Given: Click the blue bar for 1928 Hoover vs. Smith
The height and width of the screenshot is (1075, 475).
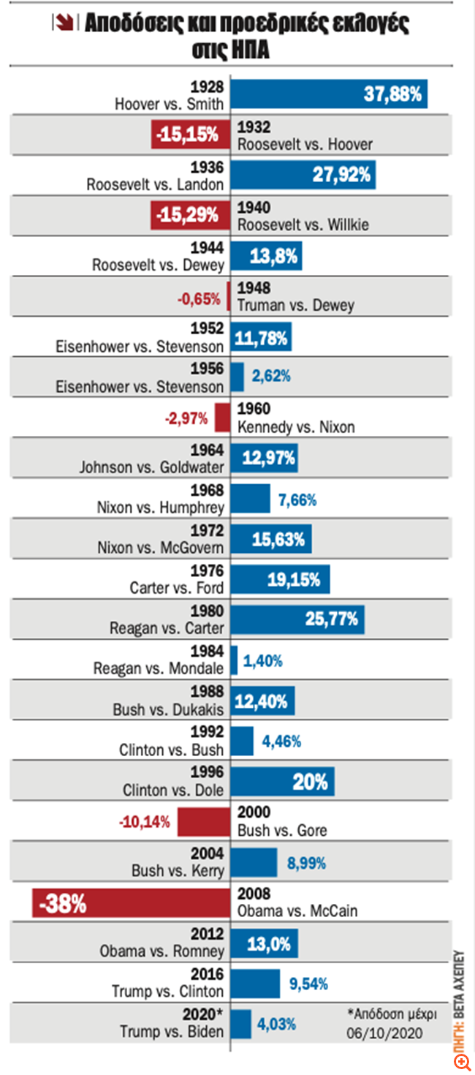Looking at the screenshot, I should [x=329, y=94].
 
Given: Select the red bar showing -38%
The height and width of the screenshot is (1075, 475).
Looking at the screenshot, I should [x=132, y=903].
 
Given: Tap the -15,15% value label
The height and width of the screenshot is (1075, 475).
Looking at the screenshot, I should [x=186, y=134].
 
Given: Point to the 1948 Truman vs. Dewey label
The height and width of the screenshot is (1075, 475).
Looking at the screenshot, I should [x=296, y=296].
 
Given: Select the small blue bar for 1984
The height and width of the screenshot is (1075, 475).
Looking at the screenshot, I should [x=234, y=660].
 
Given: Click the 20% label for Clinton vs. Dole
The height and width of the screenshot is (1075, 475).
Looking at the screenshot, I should [x=310, y=782].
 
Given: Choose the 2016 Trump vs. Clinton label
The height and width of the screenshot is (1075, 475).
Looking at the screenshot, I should [x=168, y=983].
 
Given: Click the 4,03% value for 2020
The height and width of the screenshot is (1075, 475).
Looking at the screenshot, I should [x=275, y=1024].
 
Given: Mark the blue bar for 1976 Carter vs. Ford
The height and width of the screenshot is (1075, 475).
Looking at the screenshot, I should [x=280, y=579].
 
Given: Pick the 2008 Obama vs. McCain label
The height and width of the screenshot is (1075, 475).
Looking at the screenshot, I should [x=297, y=903].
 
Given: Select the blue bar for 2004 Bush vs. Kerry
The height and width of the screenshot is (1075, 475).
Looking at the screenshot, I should [x=254, y=862].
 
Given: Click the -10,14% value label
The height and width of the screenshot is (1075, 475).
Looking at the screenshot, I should [x=144, y=821].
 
